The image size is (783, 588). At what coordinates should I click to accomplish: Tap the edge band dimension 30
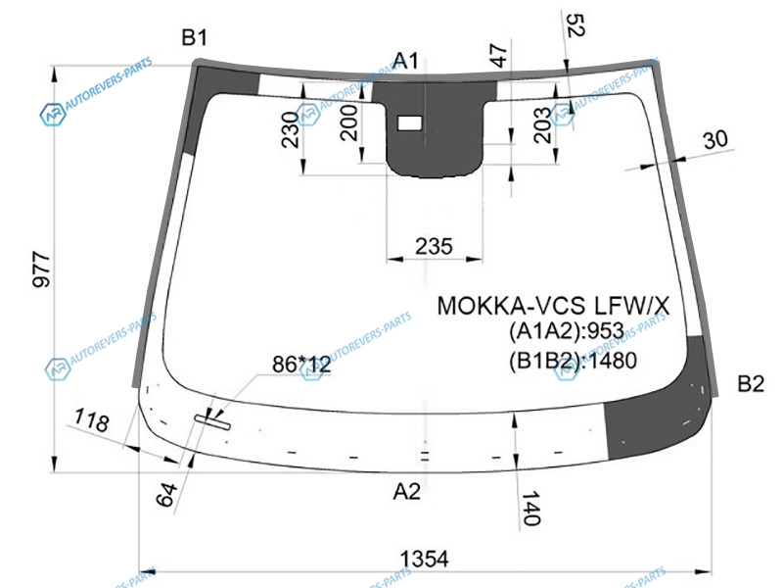click(715, 140)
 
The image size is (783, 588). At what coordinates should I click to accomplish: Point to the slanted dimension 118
click(91, 422)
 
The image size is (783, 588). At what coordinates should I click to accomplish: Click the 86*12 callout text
click(301, 365)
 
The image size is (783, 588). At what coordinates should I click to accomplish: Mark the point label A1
click(406, 62)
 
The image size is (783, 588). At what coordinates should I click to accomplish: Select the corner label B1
click(195, 38)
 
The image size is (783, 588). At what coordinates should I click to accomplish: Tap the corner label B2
click(750, 383)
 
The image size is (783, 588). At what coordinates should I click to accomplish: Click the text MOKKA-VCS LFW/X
click(553, 306)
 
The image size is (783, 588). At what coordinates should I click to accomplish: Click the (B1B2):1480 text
click(573, 361)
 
